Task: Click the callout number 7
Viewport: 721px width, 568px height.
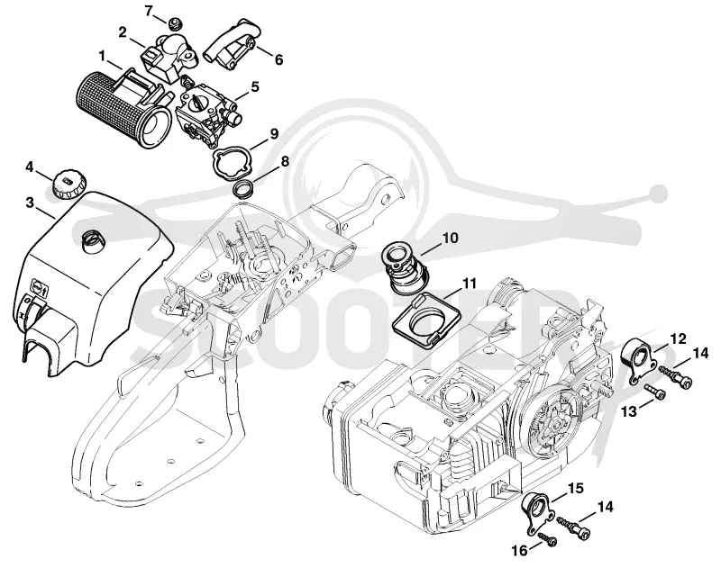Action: pos(148,11)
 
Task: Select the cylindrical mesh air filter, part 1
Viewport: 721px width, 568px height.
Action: pos(121,109)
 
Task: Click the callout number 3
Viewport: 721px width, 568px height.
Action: pos(30,203)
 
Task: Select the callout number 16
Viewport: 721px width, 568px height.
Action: pos(521,550)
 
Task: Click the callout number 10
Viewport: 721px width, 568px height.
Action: pos(451,238)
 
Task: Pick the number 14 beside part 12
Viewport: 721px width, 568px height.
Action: pos(700,353)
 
